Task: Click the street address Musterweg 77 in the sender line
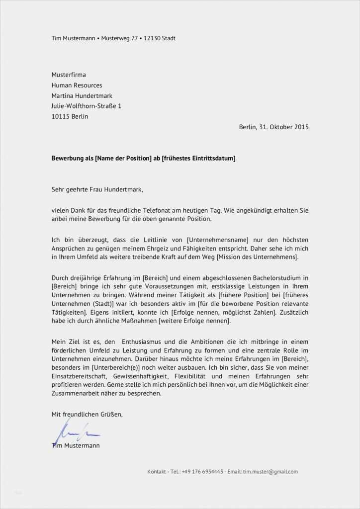(x=119, y=38)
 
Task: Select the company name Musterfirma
(x=69, y=75)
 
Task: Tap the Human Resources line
(x=77, y=85)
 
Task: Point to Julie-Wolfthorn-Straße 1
(x=86, y=106)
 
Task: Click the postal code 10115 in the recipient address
(x=60, y=116)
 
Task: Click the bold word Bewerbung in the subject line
(x=69, y=158)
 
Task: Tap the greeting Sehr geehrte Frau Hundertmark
(x=97, y=189)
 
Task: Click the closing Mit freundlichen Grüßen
(x=87, y=414)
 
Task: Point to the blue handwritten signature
(x=70, y=430)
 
